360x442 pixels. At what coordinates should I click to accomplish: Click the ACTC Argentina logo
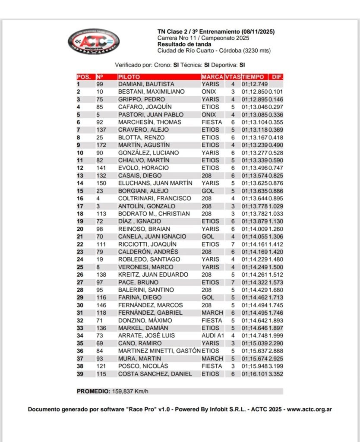pos(93,41)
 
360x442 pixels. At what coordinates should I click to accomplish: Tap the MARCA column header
pos(212,77)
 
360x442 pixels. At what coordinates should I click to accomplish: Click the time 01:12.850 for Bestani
pos(255,92)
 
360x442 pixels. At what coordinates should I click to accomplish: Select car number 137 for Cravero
pos(101,130)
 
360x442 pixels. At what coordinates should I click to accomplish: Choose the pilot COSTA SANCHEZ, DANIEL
pos(155,374)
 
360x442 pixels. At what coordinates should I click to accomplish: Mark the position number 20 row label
pos(80,229)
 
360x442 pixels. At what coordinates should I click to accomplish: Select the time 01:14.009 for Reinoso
pos(255,229)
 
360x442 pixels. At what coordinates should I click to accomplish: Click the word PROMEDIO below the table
pos(92,391)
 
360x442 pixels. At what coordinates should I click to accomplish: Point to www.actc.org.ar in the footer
pos(309,409)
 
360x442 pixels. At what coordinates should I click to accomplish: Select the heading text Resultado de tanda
pos(184,44)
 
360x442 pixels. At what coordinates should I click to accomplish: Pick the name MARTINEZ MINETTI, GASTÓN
pos(159,351)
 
